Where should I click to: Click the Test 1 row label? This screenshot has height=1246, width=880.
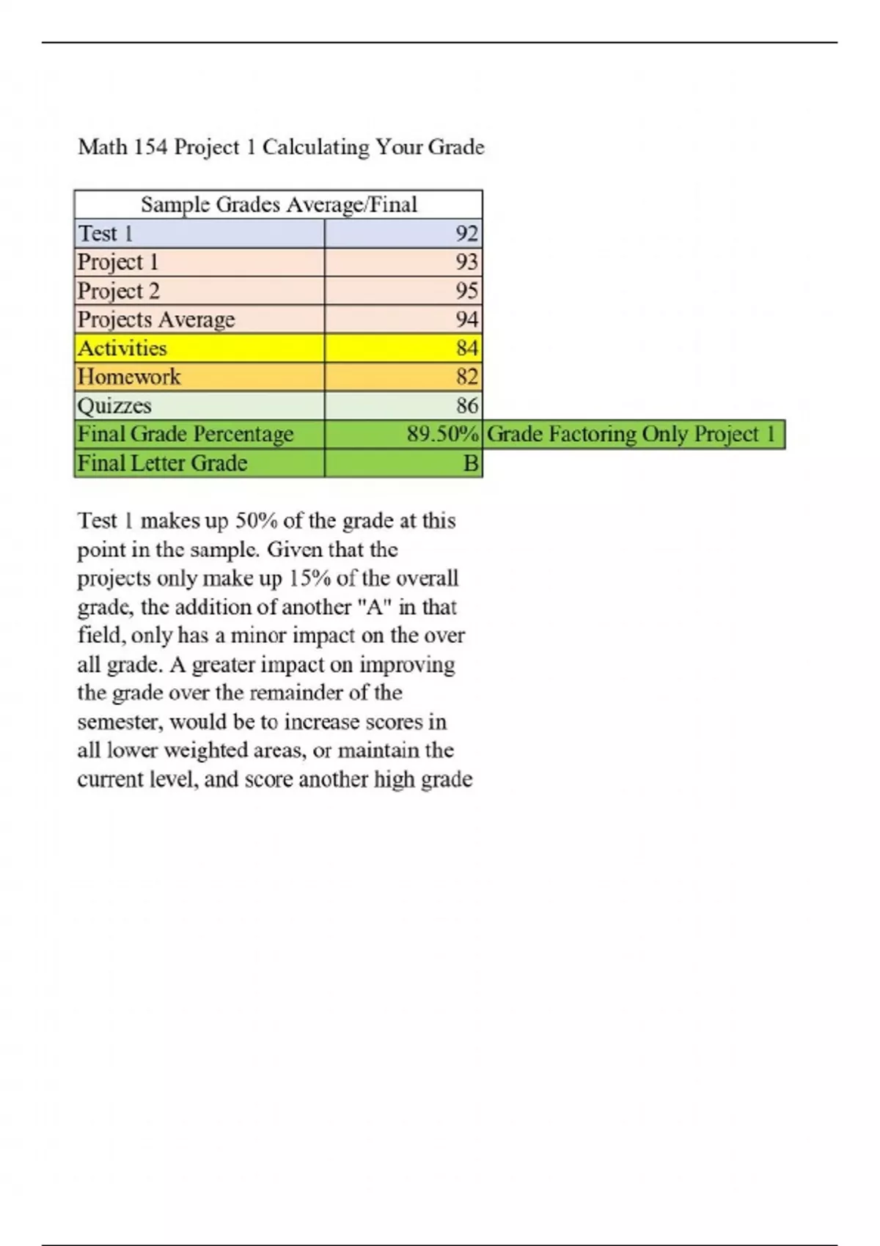[106, 233]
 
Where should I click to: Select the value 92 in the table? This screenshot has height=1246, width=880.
[466, 233]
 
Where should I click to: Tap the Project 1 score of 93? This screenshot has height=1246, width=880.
[466, 262]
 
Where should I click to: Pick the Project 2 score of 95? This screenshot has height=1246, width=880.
[466, 290]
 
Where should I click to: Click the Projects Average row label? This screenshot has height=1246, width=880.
[156, 320]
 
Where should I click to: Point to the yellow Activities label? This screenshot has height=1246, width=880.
[122, 348]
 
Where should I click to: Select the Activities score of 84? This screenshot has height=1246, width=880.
[466, 348]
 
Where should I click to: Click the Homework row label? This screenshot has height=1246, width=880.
[129, 377]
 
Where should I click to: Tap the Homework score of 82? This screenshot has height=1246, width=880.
[466, 377]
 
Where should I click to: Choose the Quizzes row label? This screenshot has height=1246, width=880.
[114, 405]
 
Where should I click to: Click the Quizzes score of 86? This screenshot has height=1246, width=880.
[466, 405]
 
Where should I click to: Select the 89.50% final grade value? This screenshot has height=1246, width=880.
[442, 434]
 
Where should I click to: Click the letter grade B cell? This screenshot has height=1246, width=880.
[471, 463]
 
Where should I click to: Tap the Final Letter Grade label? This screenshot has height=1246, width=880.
[162, 463]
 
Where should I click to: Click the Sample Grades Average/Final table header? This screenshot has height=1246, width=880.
[279, 204]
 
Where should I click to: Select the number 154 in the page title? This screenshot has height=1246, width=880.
[150, 147]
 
